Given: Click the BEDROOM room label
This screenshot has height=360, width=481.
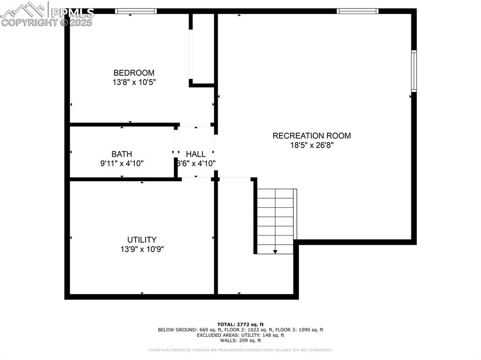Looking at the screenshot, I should tap(134, 73).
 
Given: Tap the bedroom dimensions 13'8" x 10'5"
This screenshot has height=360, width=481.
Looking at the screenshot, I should tap(134, 82).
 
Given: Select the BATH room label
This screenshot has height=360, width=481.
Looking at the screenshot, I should tap(122, 154).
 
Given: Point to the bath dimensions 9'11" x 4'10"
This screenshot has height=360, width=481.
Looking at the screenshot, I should tap(122, 163).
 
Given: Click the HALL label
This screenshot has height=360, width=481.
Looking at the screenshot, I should tap(195, 154).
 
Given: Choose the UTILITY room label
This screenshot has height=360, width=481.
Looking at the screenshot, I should tap(142, 240).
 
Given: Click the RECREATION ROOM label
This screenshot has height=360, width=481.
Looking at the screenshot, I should tap(311, 136).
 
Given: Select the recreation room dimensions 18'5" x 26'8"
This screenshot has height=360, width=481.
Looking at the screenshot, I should tap(311, 145).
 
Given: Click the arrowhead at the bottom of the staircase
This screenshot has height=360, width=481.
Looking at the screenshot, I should tap(275, 252).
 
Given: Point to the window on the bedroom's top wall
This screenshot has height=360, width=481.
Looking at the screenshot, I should tap(136, 11).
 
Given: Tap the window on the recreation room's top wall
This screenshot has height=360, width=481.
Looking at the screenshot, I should tap(357, 11).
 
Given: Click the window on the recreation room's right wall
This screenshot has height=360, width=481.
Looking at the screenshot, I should tap(414, 71).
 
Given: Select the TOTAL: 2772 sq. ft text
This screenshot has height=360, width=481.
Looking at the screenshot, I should tap(240, 324).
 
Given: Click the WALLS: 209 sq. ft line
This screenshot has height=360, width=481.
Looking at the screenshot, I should tap(240, 340).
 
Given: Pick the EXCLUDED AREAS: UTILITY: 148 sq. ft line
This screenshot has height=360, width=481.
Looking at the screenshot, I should tap(240, 335).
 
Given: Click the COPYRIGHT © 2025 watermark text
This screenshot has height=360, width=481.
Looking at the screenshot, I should tap(47, 22).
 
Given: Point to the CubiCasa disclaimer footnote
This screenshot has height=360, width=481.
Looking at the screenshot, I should tap(240, 350).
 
